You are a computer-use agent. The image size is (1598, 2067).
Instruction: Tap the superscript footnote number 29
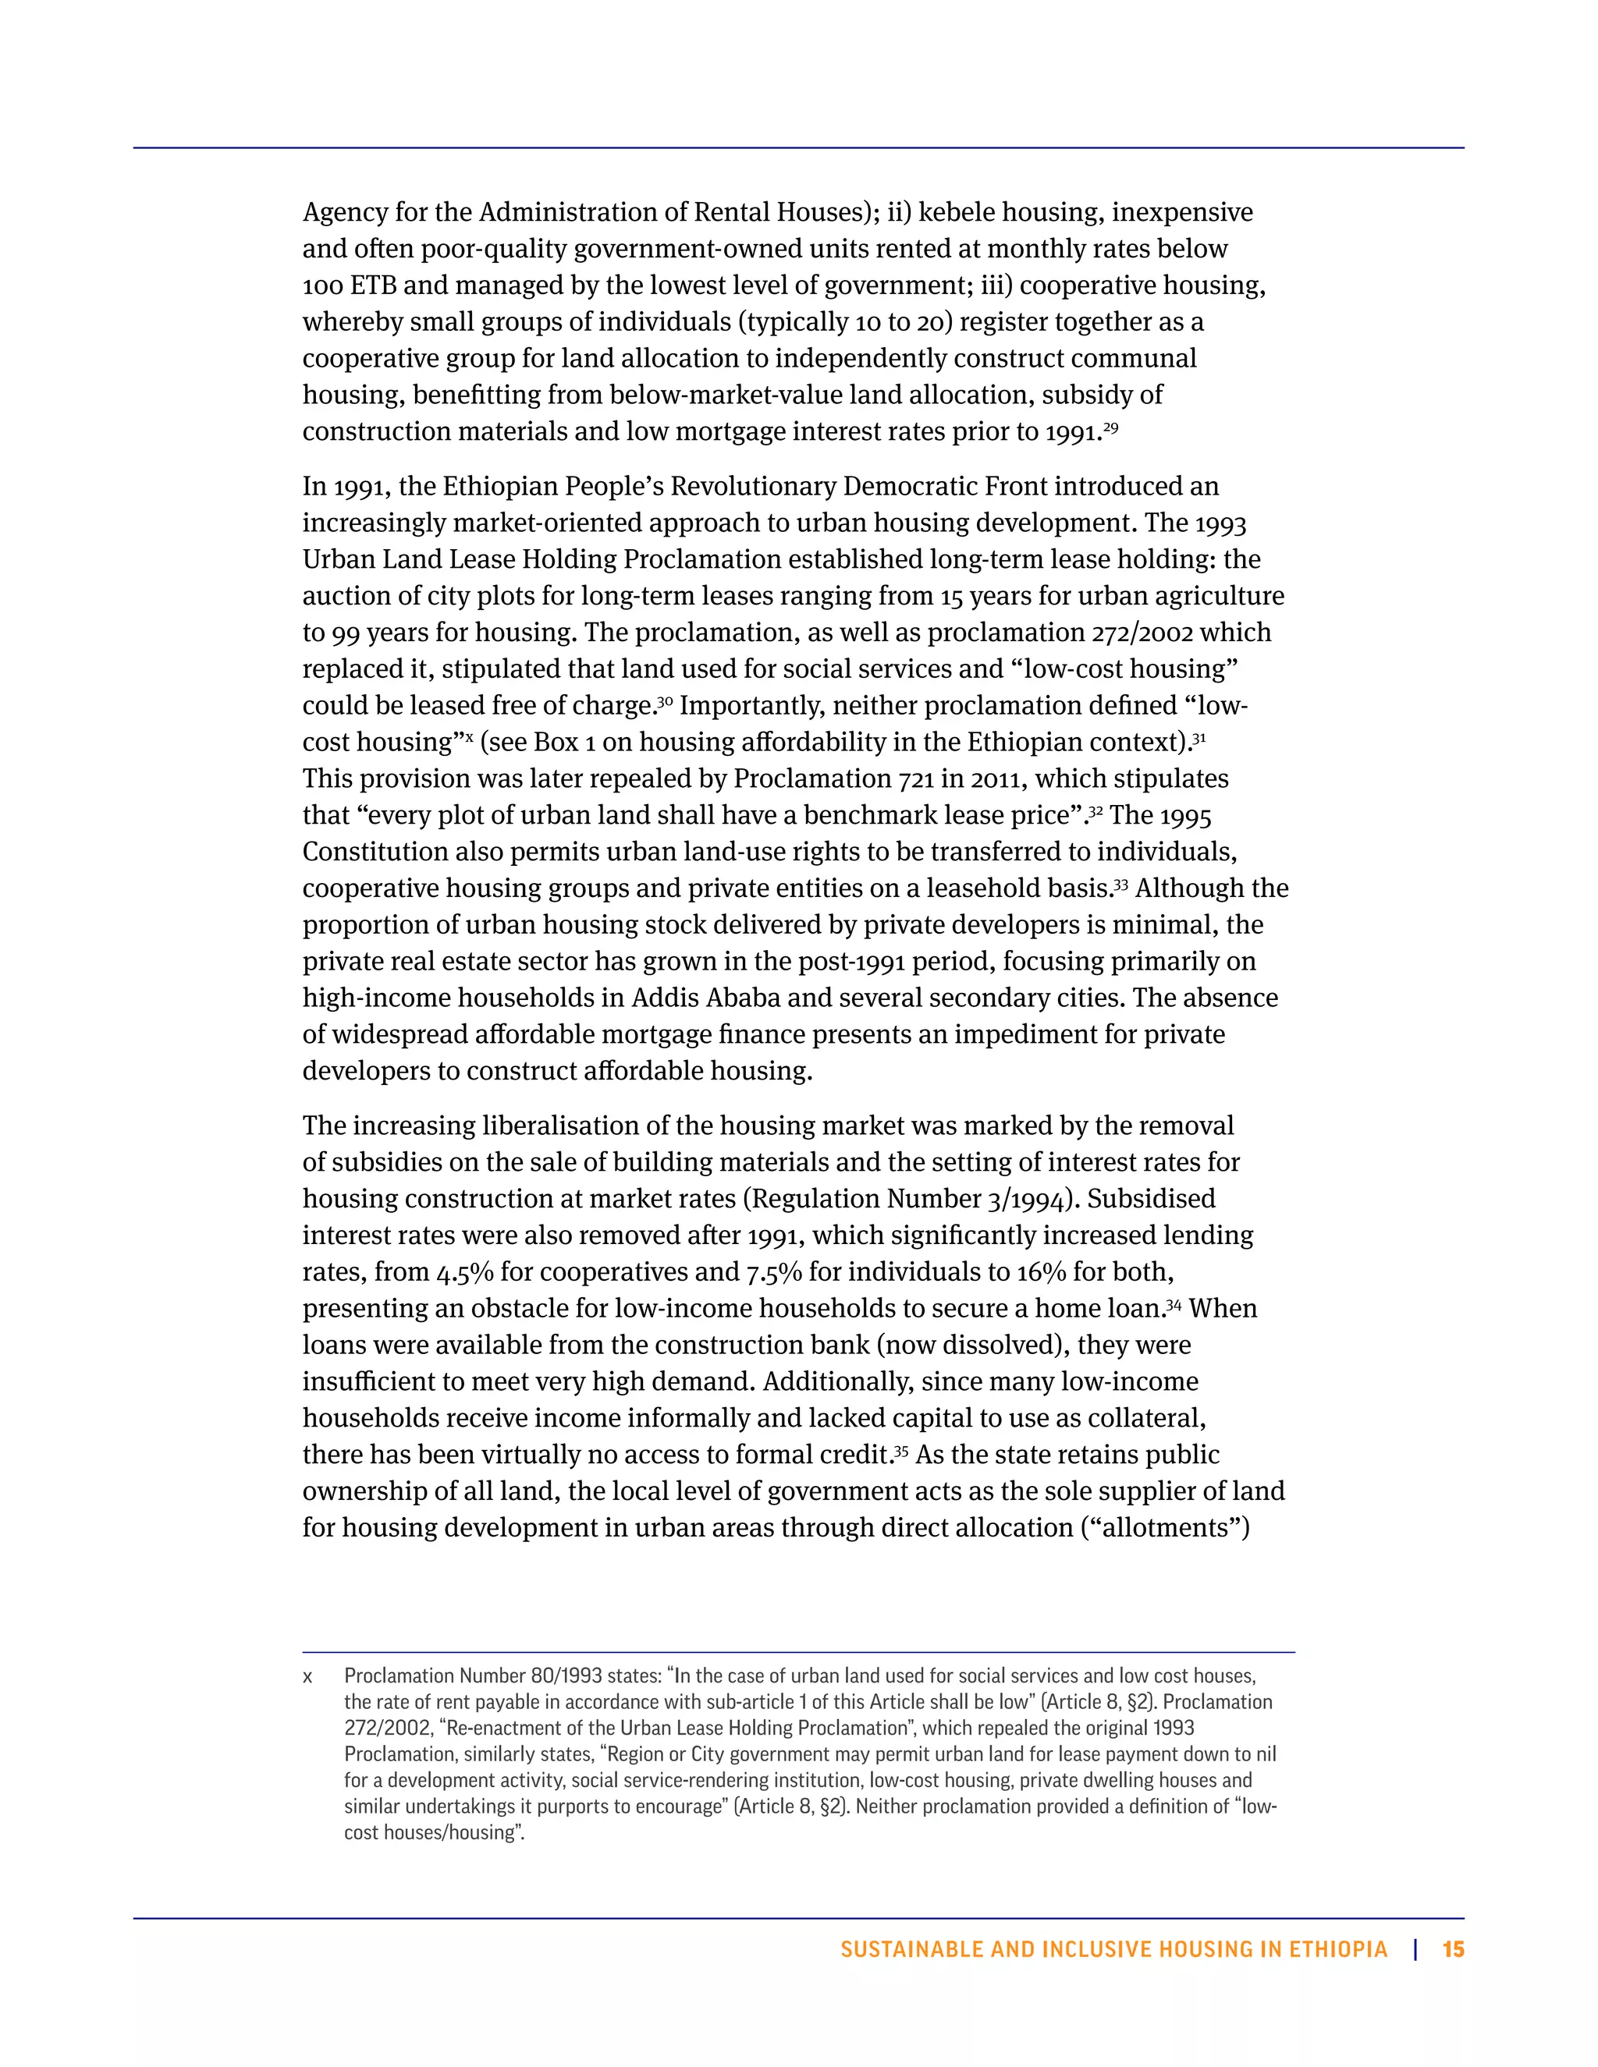(1110, 427)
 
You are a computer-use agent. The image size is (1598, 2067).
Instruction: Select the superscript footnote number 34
(1173, 1305)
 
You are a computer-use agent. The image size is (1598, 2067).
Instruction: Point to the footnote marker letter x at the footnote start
(307, 1677)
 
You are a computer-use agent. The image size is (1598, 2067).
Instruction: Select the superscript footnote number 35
(901, 1451)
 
